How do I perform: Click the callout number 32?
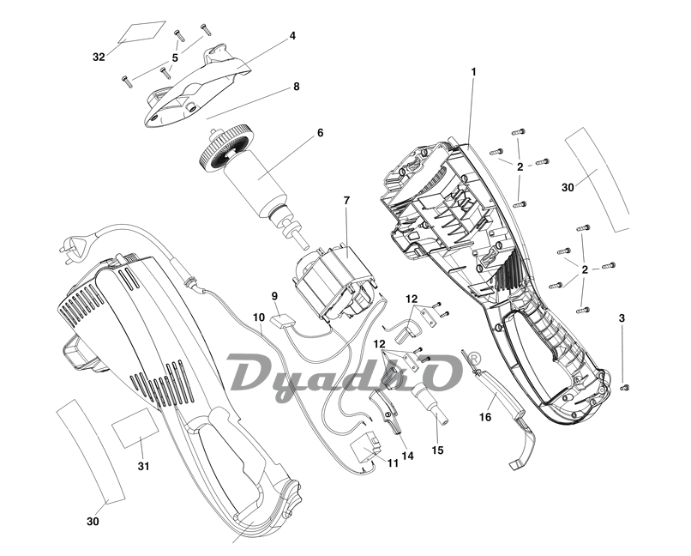(x=99, y=57)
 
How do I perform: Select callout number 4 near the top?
(x=292, y=36)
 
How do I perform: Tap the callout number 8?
(x=296, y=87)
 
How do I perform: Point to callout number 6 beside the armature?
(x=320, y=133)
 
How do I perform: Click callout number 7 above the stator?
(x=346, y=200)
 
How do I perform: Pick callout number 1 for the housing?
(x=472, y=71)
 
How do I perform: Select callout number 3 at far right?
(x=622, y=318)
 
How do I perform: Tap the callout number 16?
(x=485, y=417)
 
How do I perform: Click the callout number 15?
(x=438, y=450)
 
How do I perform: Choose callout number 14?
(x=407, y=456)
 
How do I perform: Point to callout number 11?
(x=393, y=463)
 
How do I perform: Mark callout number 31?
(x=144, y=466)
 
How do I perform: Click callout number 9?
(x=275, y=296)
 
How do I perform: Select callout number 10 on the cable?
(x=258, y=317)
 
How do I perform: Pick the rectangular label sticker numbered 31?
(x=136, y=427)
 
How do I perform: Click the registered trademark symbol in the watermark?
(x=473, y=356)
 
